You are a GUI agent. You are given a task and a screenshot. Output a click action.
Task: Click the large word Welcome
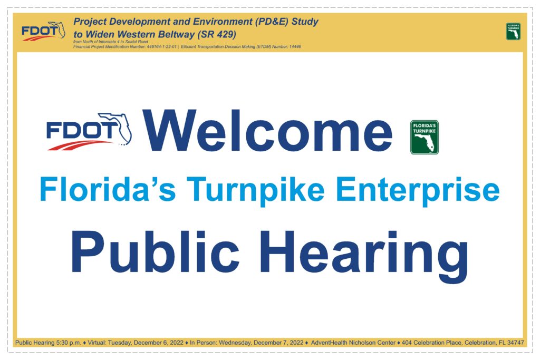[268, 131]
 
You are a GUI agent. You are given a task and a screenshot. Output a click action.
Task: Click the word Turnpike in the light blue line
[256, 191]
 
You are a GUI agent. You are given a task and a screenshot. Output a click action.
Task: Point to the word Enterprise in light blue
[418, 191]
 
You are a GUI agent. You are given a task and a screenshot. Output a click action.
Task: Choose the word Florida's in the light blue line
[108, 189]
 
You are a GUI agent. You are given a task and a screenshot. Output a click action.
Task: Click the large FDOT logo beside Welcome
[89, 131]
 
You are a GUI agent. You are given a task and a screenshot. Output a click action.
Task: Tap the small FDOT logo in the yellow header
[43, 31]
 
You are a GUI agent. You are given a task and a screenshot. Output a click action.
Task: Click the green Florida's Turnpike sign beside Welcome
[425, 137]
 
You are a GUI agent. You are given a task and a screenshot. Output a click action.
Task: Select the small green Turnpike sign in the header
[513, 31]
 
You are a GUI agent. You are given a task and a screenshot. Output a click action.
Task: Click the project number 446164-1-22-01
[161, 46]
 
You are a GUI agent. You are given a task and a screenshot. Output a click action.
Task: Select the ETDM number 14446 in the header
[295, 46]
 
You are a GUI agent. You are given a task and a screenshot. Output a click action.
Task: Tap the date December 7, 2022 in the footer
[278, 343]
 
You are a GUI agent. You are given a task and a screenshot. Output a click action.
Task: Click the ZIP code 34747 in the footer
[516, 343]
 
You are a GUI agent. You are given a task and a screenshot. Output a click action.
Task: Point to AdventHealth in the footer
[329, 343]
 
